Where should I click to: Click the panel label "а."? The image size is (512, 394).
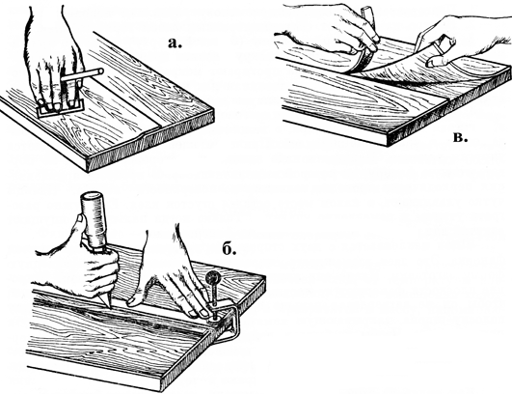[175, 43]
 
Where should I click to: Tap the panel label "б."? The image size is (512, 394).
[229, 249]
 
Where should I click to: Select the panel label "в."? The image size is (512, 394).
[460, 137]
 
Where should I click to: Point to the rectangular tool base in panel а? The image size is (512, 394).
[61, 108]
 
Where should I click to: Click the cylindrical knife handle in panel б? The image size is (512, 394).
[94, 221]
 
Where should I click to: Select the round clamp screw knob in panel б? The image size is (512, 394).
[212, 278]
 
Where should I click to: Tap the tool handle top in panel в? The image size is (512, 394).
[367, 14]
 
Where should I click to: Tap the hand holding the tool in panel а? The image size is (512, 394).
[54, 59]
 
